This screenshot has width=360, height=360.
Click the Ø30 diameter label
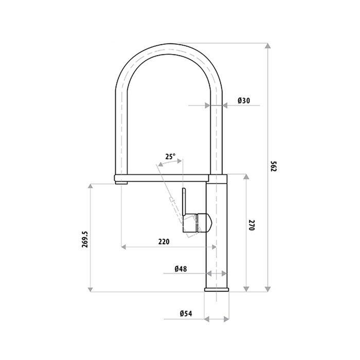click(x=244, y=101)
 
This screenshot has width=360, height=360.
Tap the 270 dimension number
click(x=252, y=225)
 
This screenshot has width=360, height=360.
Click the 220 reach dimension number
click(x=164, y=241)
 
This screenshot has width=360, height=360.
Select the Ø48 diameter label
click(x=180, y=268)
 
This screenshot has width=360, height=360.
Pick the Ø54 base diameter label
click(x=186, y=314)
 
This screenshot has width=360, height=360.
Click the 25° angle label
click(x=170, y=156)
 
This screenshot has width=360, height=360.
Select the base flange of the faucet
click(x=216, y=289)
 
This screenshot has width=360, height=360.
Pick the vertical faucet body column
click(x=216, y=231)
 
